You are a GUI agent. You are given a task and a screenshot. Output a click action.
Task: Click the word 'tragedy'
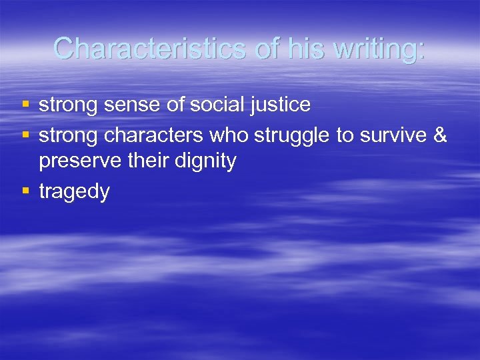(x=74, y=192)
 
